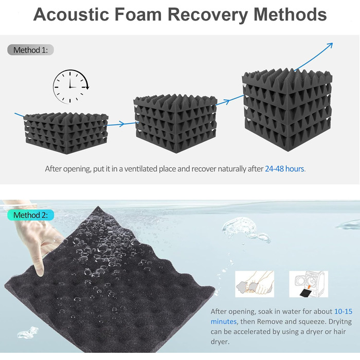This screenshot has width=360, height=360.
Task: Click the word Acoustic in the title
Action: pos(68,14)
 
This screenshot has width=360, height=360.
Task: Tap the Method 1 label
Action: pos(30,50)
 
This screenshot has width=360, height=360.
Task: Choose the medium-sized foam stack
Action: pos(175,119)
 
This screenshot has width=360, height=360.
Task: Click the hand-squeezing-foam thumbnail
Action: pos(255,284)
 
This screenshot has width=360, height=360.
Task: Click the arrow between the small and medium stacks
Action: pos(117,123)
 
